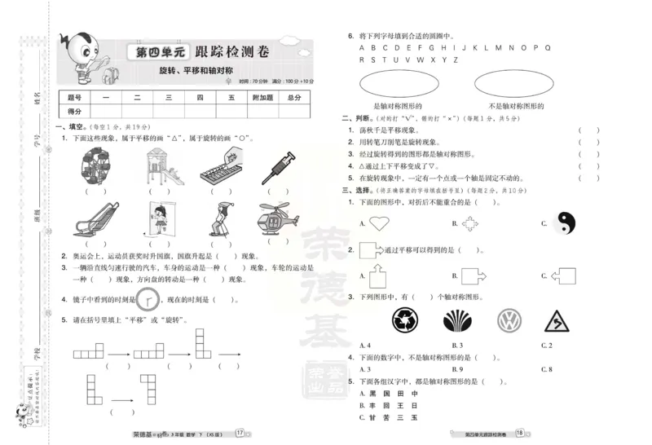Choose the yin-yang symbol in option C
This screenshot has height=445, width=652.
pyautogui.click(x=564, y=222)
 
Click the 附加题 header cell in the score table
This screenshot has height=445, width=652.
pyautogui.click(x=262, y=98)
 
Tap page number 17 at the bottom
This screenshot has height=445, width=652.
pyautogui.click(x=240, y=433)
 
